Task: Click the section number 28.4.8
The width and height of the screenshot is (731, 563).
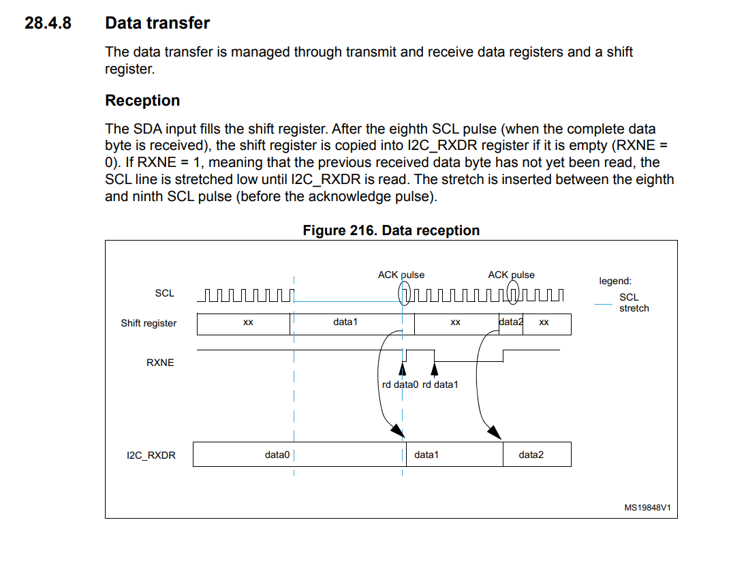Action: pyautogui.click(x=48, y=23)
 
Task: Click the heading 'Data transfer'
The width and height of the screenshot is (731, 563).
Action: pyautogui.click(x=157, y=23)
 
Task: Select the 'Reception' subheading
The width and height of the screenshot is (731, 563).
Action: pyautogui.click(x=142, y=101)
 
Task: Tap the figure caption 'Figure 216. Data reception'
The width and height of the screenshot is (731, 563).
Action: pyautogui.click(x=391, y=230)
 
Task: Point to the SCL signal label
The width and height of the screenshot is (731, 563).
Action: pyautogui.click(x=164, y=293)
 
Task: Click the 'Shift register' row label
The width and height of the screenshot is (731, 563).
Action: pyautogui.click(x=149, y=323)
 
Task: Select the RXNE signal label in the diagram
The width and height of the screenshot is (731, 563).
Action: pyautogui.click(x=160, y=363)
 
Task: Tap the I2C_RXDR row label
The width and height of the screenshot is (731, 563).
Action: pyautogui.click(x=151, y=455)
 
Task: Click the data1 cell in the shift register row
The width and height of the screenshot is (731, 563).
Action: pyautogui.click(x=345, y=322)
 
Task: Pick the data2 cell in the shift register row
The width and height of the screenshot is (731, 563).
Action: pyautogui.click(x=510, y=322)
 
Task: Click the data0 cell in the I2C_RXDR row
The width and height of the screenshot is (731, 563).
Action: pyautogui.click(x=277, y=455)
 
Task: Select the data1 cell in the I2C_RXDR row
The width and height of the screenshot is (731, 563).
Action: pyautogui.click(x=426, y=455)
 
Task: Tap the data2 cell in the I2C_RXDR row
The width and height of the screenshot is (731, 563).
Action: pyautogui.click(x=531, y=455)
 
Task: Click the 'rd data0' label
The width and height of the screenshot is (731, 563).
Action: pyautogui.click(x=400, y=384)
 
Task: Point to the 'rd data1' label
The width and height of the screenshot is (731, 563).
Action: pyautogui.click(x=440, y=384)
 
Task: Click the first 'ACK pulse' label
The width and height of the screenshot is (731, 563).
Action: pyautogui.click(x=401, y=275)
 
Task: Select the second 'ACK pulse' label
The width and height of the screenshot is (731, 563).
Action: pyautogui.click(x=511, y=275)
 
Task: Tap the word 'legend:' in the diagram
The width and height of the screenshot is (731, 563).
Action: pyautogui.click(x=615, y=281)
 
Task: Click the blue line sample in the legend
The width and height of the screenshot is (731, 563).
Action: pyautogui.click(x=603, y=304)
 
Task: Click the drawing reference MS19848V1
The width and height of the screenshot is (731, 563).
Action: pyautogui.click(x=647, y=508)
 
